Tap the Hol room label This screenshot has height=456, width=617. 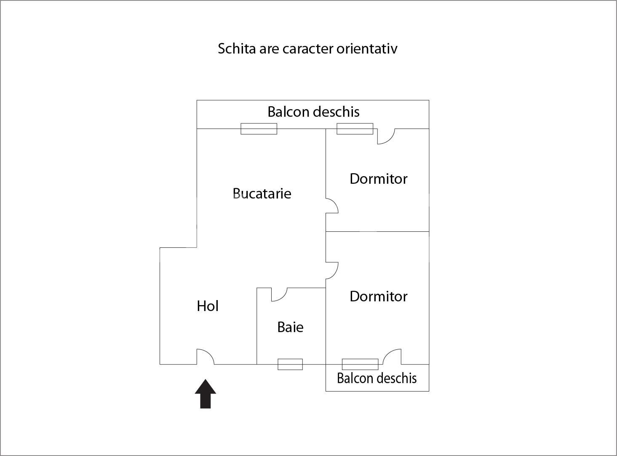coord(208,306)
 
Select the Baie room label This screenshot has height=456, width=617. coord(290,327)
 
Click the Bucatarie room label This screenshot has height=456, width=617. coord(262,193)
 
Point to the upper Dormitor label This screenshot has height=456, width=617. coord(378,179)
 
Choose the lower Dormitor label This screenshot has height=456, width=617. coord(378,296)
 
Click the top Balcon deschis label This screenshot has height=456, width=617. coord(313,112)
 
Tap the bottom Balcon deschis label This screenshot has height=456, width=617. coord(377,378)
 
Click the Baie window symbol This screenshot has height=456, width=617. coord(290,364)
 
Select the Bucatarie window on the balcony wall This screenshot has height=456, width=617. coord(259,129)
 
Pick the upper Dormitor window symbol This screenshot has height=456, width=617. coord(355,129)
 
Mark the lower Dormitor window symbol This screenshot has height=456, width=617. coord(360,364)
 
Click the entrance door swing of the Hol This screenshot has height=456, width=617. coord(205,357)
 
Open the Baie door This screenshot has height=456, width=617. coord(278,294)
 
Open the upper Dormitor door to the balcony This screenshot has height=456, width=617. coord(385,136)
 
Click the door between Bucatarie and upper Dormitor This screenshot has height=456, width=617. coord(331,206)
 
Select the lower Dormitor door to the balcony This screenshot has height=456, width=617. coord(392,357)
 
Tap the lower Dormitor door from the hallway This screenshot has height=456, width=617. coord(331,270)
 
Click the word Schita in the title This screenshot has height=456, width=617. coord(237,48)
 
